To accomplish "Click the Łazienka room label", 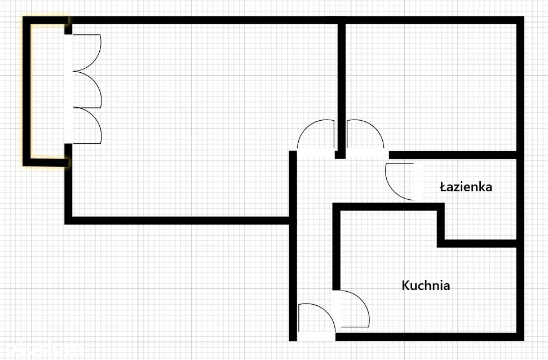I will click(x=466, y=187).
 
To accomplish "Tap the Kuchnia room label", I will click(x=426, y=286).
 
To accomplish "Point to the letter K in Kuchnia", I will click(x=405, y=286).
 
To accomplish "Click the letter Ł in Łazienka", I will click(x=444, y=187).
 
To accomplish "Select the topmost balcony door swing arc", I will click(x=87, y=52).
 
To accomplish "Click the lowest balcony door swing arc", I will click(x=87, y=125).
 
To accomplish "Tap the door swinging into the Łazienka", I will click(x=400, y=181).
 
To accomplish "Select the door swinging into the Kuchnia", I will click(x=354, y=309).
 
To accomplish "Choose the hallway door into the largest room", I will click(x=316, y=135).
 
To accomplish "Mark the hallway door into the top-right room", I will click(x=365, y=135).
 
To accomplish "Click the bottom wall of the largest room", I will click(x=180, y=220).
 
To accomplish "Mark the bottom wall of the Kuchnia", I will click(x=428, y=337).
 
